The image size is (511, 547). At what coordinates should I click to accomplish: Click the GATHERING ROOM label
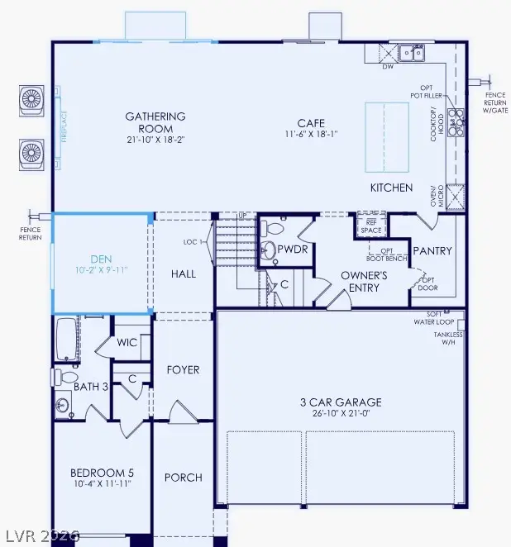pyautogui.click(x=155, y=122)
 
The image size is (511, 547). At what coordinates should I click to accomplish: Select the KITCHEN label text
pyautogui.click(x=391, y=188)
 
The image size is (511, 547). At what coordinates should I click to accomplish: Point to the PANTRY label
pyautogui.click(x=432, y=250)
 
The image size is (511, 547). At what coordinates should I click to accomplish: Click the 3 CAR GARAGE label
pyautogui.click(x=340, y=402)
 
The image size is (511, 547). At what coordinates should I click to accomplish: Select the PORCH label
pyautogui.click(x=184, y=478)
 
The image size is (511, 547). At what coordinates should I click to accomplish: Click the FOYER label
pyautogui.click(x=184, y=369)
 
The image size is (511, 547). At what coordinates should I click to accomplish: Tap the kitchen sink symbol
pyautogui.click(x=410, y=54)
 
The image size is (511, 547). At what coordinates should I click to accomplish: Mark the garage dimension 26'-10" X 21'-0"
pyautogui.click(x=340, y=414)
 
